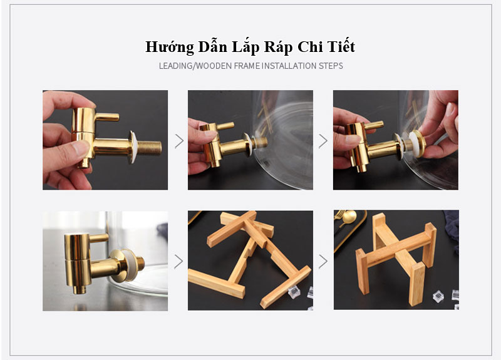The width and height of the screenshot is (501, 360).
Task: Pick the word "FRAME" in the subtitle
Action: click(x=242, y=66)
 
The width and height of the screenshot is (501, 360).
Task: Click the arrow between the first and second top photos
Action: click(x=178, y=141)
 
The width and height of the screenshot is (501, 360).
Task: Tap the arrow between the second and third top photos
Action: click(x=323, y=141)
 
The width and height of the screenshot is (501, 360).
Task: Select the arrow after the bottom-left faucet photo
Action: click(x=178, y=260)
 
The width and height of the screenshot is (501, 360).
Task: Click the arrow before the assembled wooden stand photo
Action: click(x=323, y=260)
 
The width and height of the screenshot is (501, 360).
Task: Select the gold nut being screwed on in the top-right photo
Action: click(x=415, y=143)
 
